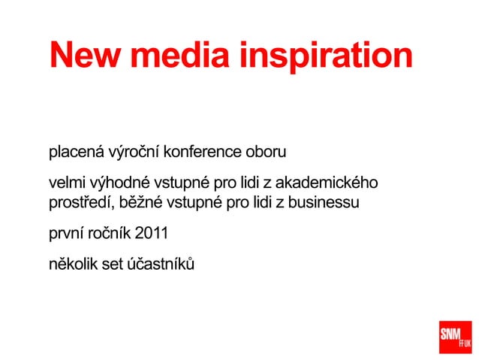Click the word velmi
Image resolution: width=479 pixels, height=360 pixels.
coord(67,183)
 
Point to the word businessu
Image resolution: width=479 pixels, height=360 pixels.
coord(325,202)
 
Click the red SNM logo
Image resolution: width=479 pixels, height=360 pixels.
coord(455,337)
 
